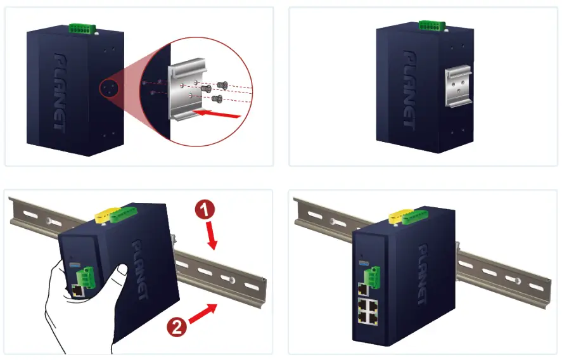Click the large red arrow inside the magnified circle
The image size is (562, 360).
click(x=218, y=114)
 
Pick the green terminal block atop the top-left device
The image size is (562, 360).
click(x=82, y=28)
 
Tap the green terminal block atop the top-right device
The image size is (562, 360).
click(x=431, y=25)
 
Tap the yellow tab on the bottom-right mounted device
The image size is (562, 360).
click(x=398, y=218)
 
